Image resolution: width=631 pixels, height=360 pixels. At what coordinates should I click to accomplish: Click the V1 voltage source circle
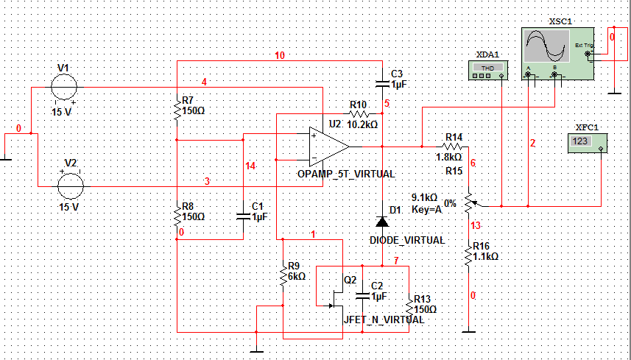(x=64, y=87)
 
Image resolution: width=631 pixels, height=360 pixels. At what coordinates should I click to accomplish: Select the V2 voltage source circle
(x=71, y=186)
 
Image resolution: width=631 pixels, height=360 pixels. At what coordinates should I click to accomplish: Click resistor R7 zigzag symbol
(x=177, y=110)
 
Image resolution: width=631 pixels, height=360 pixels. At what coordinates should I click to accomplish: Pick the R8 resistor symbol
(x=177, y=217)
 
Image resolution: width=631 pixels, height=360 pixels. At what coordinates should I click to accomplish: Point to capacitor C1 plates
(x=243, y=216)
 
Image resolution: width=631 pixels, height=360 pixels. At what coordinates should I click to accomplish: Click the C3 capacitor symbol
(x=382, y=84)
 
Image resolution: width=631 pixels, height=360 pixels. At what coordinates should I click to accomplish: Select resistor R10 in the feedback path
(x=359, y=114)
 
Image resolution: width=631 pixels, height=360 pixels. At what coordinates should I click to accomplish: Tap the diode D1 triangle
(x=382, y=221)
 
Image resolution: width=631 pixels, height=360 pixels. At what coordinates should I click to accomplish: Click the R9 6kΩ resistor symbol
(x=283, y=275)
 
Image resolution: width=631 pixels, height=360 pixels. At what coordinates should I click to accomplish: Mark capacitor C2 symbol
(x=362, y=296)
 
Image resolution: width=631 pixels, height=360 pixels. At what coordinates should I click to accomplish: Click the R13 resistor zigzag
(x=409, y=308)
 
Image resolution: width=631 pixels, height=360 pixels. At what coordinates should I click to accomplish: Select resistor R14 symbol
(x=452, y=147)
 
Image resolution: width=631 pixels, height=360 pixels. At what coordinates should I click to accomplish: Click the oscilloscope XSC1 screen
(x=547, y=46)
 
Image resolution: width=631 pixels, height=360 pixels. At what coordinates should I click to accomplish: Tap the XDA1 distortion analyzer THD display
(x=487, y=68)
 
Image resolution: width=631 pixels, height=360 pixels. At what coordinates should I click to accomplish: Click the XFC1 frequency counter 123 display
(x=581, y=141)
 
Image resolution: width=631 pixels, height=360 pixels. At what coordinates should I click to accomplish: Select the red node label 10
(x=280, y=55)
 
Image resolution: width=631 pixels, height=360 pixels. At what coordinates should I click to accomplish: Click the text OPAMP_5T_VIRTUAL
(x=346, y=174)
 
